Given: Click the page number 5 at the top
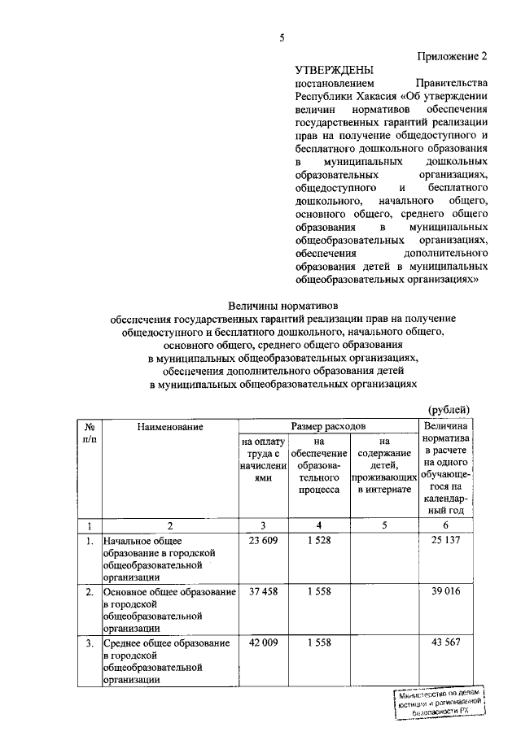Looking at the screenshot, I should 281,37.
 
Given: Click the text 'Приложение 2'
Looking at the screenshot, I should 453,57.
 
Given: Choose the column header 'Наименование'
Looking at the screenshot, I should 170,425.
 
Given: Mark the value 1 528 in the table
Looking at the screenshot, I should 319,541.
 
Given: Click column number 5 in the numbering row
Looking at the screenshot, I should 383,525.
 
